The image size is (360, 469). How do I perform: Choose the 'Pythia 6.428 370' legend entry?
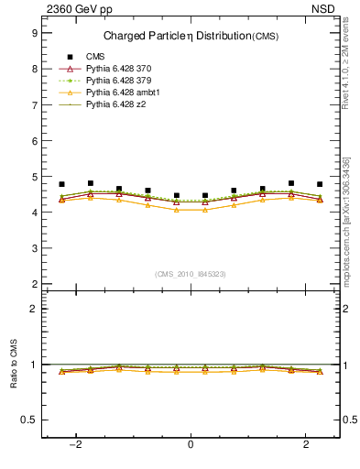pos(119,69)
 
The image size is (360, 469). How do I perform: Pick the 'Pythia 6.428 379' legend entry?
pos(119,81)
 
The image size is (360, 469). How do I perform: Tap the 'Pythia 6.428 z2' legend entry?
pos(116,105)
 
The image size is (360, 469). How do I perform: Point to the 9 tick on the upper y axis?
pos(34,33)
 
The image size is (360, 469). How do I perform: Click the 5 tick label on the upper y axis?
pos(34,177)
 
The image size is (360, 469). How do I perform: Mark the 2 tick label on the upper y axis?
pos(34,284)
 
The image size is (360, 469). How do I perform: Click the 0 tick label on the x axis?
pos(191,445)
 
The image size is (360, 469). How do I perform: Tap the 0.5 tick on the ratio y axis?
pos(30,420)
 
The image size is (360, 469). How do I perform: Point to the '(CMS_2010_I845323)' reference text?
pos(191,274)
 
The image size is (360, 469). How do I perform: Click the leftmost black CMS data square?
pos(62,184)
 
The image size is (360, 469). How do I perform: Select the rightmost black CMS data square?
pos(320,184)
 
